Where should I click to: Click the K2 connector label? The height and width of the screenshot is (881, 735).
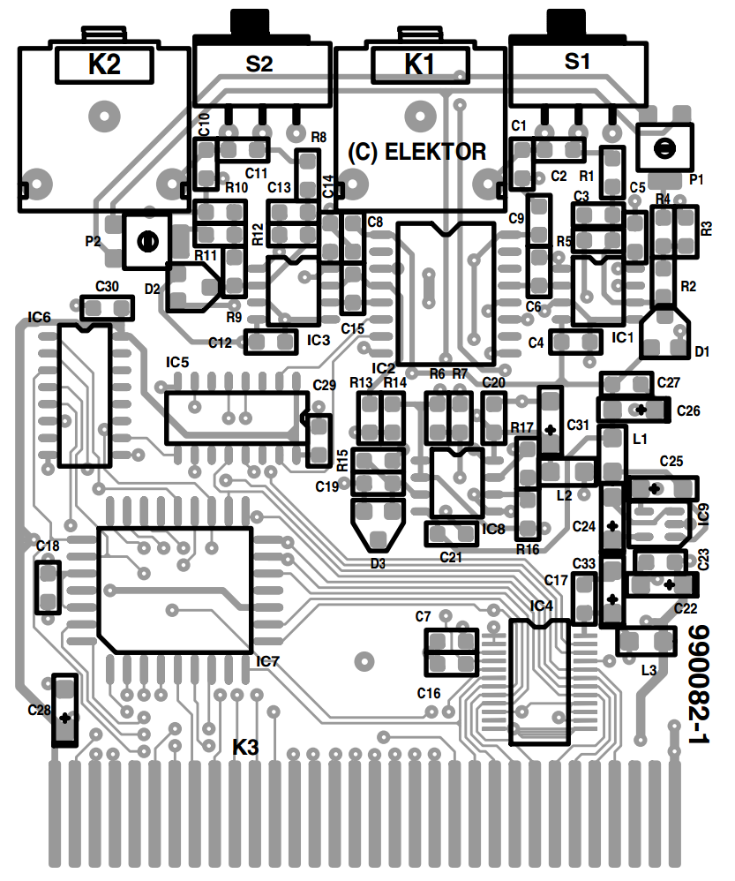point(104,64)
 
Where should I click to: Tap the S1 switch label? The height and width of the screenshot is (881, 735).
point(577,61)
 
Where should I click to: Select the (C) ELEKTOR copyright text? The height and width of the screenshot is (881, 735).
point(416,152)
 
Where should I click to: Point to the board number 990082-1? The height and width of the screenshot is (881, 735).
point(698,684)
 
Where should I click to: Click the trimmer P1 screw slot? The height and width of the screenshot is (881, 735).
point(664,149)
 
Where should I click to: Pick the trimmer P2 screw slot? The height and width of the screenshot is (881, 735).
point(146,242)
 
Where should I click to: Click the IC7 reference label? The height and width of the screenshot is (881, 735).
point(268,662)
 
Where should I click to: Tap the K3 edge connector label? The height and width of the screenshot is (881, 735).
point(246,748)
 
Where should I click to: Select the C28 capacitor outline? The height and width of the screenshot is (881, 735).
point(64,711)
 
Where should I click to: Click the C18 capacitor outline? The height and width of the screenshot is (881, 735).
point(48,587)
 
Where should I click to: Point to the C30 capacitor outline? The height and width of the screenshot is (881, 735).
point(107,308)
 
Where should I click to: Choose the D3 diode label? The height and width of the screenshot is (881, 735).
point(378,563)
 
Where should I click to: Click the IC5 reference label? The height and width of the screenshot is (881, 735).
point(177,363)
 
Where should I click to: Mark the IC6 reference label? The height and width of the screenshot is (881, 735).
point(40,318)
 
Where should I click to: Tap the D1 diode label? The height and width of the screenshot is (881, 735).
point(701,351)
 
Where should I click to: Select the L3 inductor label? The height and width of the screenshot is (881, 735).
point(649,670)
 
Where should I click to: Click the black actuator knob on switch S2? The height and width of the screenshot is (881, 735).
point(251,22)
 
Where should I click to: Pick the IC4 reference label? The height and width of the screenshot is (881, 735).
point(541,606)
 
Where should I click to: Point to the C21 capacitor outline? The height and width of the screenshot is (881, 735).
point(451,534)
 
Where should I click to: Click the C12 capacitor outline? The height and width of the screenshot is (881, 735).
point(271,343)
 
